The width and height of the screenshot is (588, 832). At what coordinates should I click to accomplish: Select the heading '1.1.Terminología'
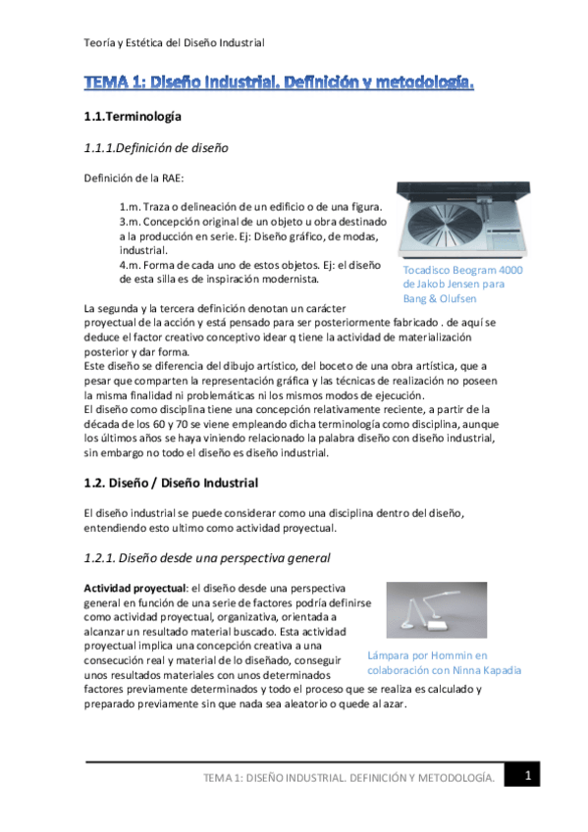pos(133,117)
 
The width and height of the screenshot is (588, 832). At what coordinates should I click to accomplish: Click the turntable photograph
pos(459,220)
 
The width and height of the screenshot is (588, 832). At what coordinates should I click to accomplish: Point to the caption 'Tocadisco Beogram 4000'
pos(462,270)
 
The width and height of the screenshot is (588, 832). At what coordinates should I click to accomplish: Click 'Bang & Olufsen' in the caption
pos(438,298)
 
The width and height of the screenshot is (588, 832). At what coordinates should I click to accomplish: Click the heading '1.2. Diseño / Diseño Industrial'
pos(171,484)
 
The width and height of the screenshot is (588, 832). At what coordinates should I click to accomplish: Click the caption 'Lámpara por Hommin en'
pos(427,655)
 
